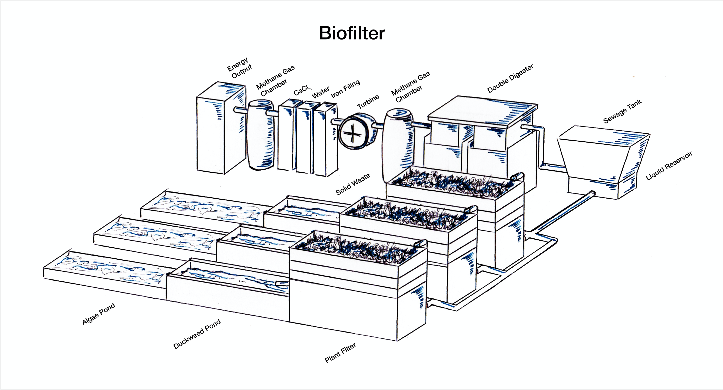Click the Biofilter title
[x=352, y=33]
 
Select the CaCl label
[x=302, y=90]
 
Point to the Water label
[x=320, y=92]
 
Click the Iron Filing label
[x=345, y=89]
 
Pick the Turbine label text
[x=368, y=102]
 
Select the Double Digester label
[x=510, y=78]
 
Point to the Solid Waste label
[x=353, y=184]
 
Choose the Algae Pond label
[x=99, y=314]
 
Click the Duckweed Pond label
[x=197, y=334]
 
